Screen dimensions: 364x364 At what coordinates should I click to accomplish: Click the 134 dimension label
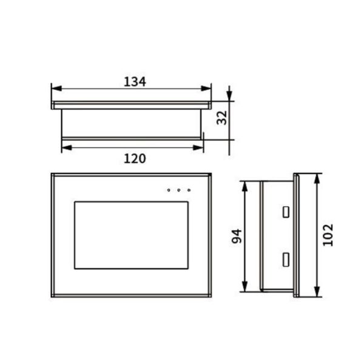pos(135,81)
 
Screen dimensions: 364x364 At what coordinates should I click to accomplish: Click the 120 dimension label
pos(135,158)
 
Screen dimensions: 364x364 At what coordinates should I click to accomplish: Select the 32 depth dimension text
pos(222,117)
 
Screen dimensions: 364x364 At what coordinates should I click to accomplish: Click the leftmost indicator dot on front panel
pos(169,190)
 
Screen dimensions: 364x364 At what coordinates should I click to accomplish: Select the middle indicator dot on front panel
pos(179,190)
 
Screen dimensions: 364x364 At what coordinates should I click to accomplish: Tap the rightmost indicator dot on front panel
pos(189,190)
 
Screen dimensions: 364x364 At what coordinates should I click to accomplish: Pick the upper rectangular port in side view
pos(284,212)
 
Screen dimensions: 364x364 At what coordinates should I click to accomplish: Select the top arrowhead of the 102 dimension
pos(318,178)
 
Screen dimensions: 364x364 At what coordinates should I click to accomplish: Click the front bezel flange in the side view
pos(296,235)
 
